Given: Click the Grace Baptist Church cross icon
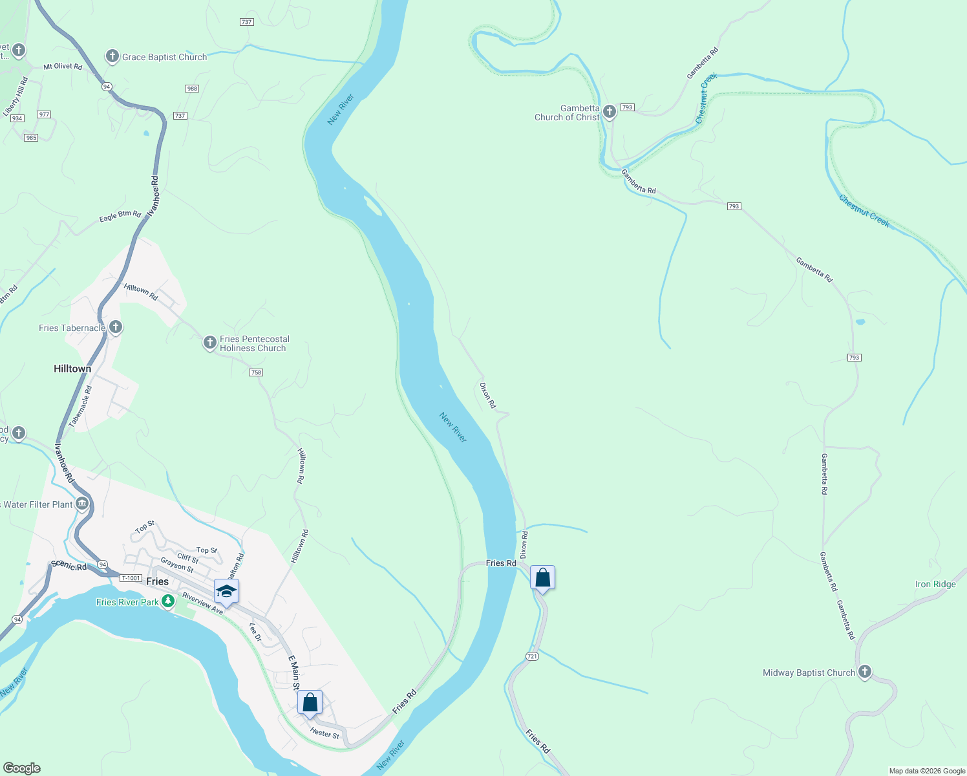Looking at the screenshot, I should click(112, 56).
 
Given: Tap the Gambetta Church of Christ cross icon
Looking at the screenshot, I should click(609, 113).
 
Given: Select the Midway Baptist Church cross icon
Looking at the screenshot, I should click(864, 672).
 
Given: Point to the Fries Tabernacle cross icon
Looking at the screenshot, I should click(116, 327).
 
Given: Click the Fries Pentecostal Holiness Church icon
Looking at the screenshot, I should click(209, 343).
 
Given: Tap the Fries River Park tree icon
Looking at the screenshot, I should click(168, 602).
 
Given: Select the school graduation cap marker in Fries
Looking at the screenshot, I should click(226, 591).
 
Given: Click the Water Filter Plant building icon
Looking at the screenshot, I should click(81, 504).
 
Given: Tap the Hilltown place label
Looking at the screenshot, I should click(72, 369).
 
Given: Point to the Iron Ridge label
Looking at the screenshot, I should click(935, 584).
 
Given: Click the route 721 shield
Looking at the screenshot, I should click(532, 656).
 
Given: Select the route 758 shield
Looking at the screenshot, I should click(256, 372).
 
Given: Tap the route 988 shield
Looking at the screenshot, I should click(192, 89).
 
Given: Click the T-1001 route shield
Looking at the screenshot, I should click(131, 578).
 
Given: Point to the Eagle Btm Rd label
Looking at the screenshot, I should click(120, 216).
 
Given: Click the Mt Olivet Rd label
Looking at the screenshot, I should click(63, 67).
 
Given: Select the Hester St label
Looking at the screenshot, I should click(324, 733).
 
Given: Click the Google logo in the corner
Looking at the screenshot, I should click(22, 768).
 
